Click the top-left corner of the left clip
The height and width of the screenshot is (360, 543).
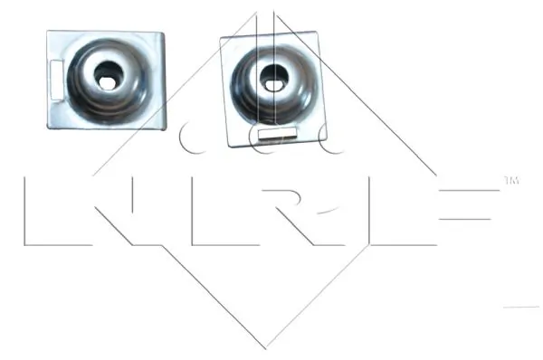(49, 32)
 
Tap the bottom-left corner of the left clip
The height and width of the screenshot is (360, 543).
(50, 126)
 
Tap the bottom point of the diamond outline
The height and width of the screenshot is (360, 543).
(264, 348)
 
